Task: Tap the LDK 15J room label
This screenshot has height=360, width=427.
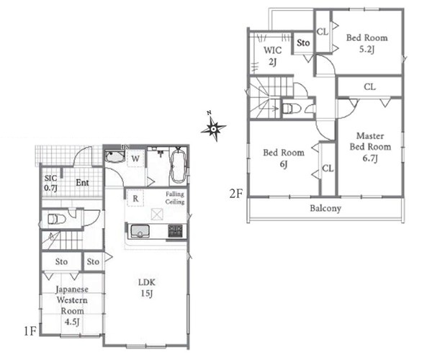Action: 146,288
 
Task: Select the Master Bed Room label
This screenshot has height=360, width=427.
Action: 370,146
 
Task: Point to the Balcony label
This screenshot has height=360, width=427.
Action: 325,209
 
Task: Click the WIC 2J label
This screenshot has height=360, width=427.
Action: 273,56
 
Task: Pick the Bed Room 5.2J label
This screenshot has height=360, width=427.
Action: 367,43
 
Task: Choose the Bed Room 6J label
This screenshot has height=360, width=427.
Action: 284,158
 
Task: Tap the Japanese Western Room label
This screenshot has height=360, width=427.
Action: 72,305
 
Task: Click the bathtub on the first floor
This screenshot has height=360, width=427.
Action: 179,166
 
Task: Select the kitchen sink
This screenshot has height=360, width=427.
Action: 140,231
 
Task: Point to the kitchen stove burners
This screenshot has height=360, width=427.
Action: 175,230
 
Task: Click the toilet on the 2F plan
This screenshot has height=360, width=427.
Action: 292,109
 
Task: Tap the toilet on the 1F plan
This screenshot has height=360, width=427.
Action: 57,219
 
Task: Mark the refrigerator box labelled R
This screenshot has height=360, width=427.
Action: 135,198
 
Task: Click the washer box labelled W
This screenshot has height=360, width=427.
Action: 135,158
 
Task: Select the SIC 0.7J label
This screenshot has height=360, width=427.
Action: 50,183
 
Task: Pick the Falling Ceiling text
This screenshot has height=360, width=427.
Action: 175,198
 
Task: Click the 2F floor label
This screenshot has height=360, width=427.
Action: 236,194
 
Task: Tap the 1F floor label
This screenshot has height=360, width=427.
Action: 30,331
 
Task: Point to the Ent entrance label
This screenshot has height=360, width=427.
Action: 82,182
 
